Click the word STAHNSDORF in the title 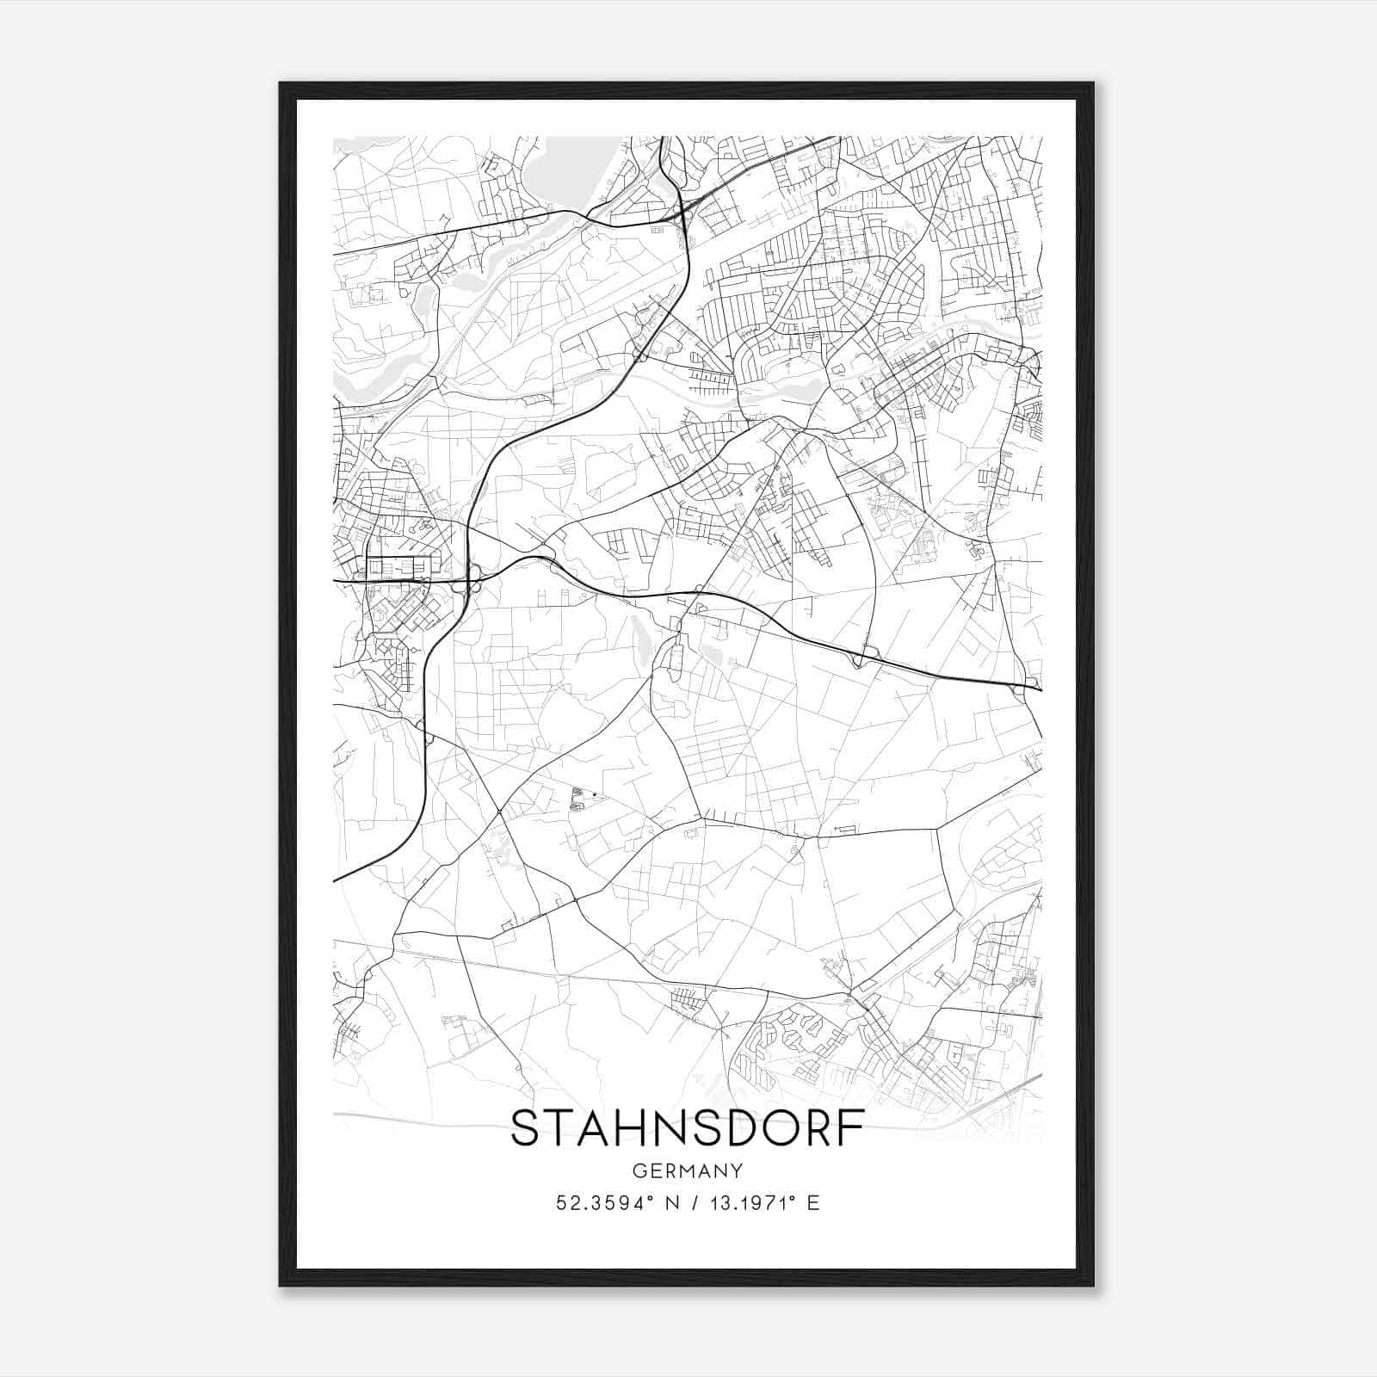[x=687, y=1129]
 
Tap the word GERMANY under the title [x=687, y=1171]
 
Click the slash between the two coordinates [x=687, y=1203]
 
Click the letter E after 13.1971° [x=812, y=1203]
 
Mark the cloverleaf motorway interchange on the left [x=472, y=579]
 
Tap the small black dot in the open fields [x=595, y=794]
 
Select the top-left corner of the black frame [x=281, y=83]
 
